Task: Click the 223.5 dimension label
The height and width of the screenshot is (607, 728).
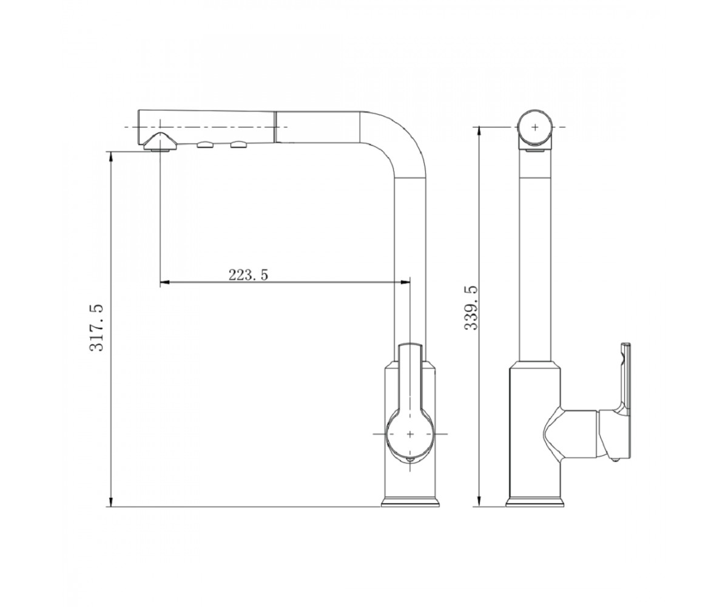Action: pyautogui.click(x=248, y=275)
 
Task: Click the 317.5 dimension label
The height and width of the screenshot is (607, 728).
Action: pyautogui.click(x=96, y=328)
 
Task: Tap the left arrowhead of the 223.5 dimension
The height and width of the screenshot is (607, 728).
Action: pyautogui.click(x=164, y=282)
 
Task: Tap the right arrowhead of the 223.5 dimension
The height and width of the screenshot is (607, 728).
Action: pyautogui.click(x=405, y=282)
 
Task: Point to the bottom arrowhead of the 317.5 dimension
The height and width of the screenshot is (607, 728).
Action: pyautogui.click(x=111, y=501)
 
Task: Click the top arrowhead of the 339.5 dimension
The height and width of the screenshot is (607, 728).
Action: pyautogui.click(x=480, y=132)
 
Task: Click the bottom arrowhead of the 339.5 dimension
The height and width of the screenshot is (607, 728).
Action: pyautogui.click(x=480, y=501)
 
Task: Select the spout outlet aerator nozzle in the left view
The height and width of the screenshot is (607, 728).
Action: pyautogui.click(x=160, y=142)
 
